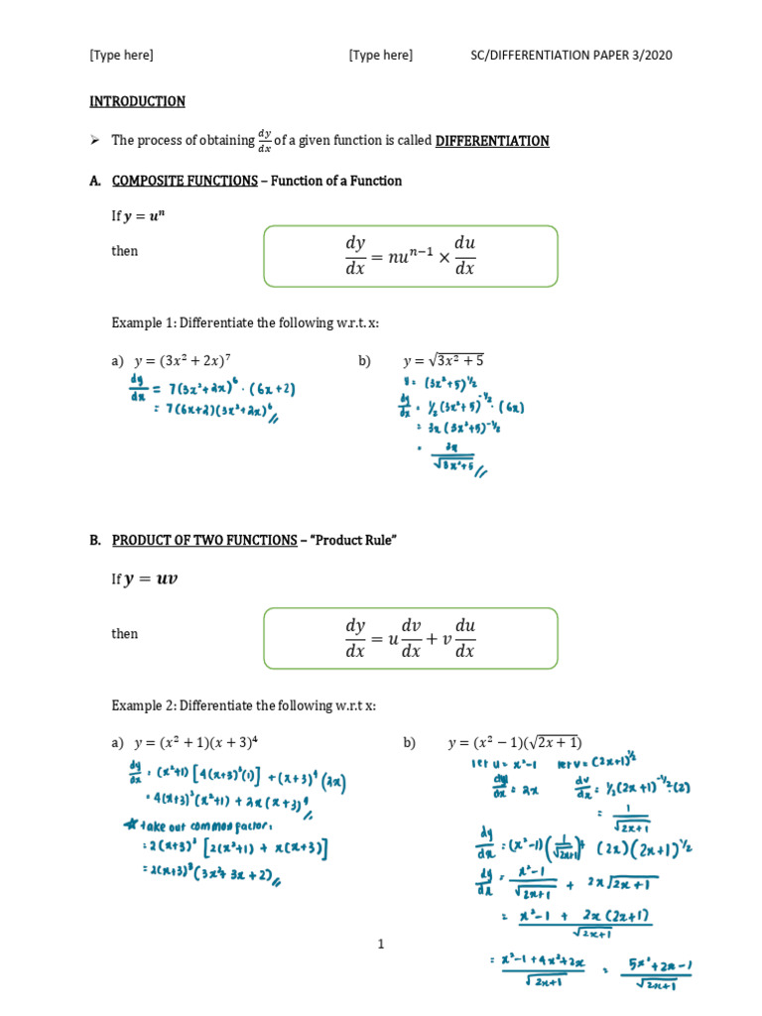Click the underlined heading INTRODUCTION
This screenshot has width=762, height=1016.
[137, 101]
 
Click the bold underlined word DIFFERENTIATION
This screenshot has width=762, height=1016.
[492, 141]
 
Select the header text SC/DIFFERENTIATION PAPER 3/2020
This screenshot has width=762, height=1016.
[571, 56]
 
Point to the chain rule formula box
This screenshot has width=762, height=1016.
[411, 256]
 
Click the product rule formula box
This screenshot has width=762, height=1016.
[411, 638]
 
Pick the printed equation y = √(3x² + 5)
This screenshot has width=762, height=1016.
[443, 362]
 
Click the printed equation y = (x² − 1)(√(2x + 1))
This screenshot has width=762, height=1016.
[514, 742]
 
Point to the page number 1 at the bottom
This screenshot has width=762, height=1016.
[381, 945]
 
